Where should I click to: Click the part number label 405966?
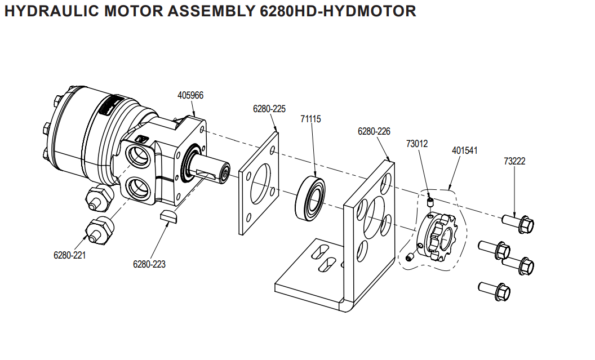(x=190, y=95)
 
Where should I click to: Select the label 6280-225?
(x=268, y=109)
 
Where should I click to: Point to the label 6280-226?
(x=374, y=131)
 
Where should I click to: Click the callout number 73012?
(x=417, y=144)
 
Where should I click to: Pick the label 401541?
(x=465, y=151)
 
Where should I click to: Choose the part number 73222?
(x=514, y=161)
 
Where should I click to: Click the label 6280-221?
(x=70, y=255)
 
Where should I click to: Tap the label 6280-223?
(x=149, y=264)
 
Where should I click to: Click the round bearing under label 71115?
(x=310, y=197)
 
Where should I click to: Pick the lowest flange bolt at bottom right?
(x=496, y=291)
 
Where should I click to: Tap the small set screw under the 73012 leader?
(x=429, y=201)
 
